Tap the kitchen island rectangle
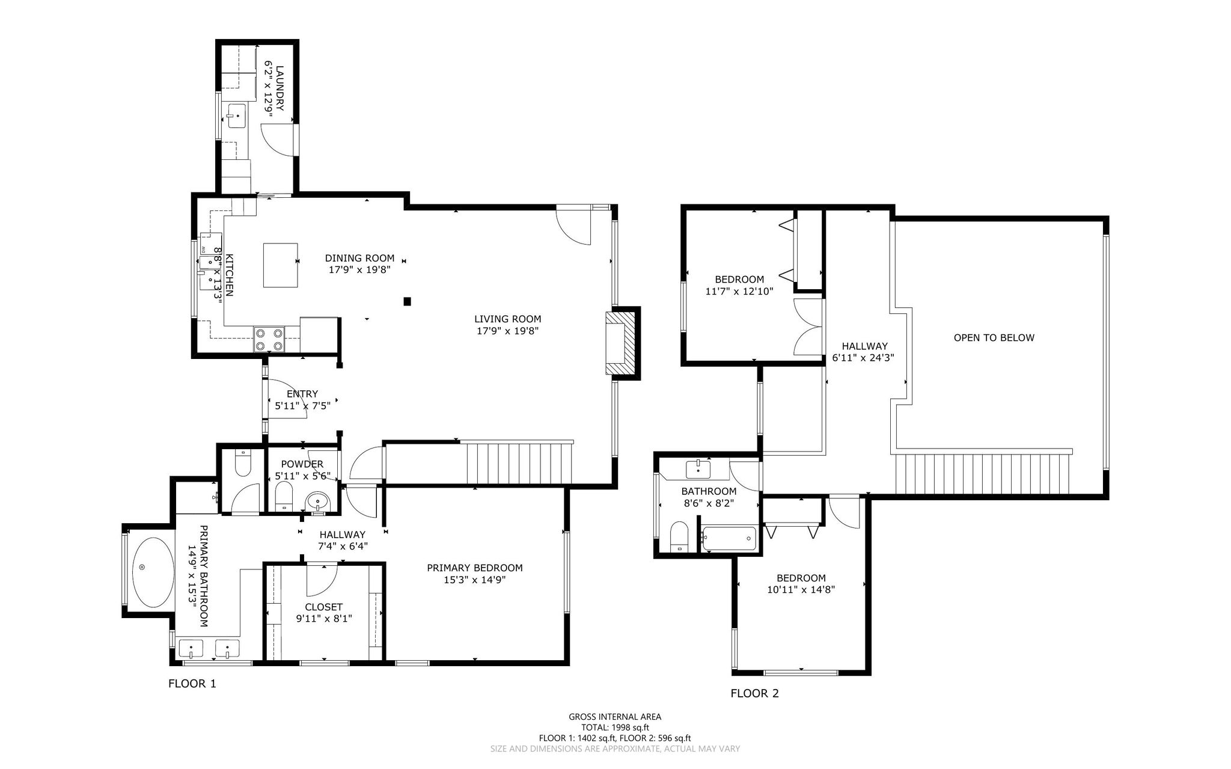[x=281, y=265]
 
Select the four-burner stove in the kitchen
[x=269, y=339]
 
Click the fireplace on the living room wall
[x=622, y=343]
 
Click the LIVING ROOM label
[x=507, y=319]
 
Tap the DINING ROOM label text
[x=360, y=259]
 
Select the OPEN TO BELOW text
[x=994, y=338]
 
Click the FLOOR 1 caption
[x=192, y=684]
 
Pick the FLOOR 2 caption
[x=754, y=694]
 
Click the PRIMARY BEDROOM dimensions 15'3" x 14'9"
[x=475, y=580]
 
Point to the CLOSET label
[x=323, y=607]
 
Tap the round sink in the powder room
[x=317, y=501]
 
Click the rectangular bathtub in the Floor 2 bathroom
[x=728, y=538]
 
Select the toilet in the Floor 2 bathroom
[x=679, y=536]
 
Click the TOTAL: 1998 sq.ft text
[x=615, y=727]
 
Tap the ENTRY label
[x=302, y=394]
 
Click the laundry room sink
[x=237, y=115]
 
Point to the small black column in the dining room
[x=408, y=301]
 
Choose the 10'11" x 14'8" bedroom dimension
[x=801, y=590]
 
